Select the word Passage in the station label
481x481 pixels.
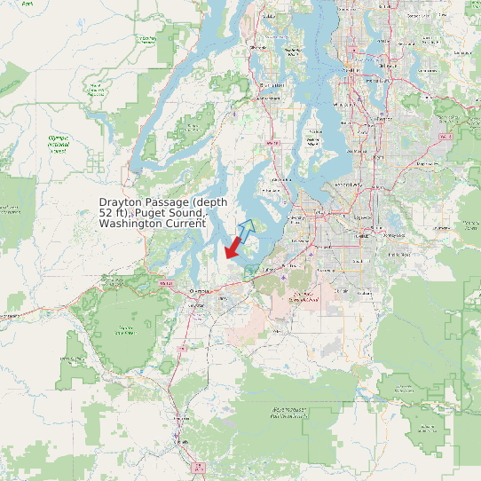(170, 202)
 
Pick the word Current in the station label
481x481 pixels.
(185, 225)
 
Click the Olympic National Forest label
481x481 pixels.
(59, 145)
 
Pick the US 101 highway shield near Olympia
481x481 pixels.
(164, 283)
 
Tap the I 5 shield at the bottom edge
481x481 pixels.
(198, 467)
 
